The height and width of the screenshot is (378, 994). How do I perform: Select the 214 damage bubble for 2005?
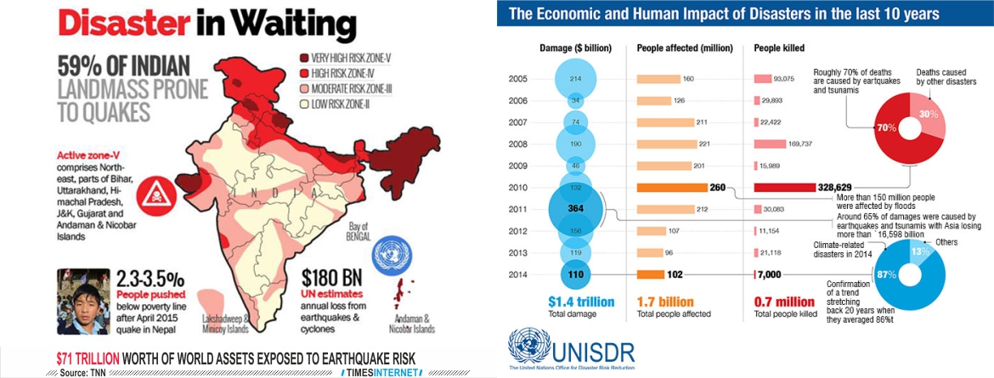(x=577, y=79)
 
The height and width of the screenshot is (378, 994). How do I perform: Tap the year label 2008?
(x=519, y=144)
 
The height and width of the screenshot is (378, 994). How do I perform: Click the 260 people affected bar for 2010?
(x=673, y=187)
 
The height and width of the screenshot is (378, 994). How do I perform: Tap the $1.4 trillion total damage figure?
(x=575, y=302)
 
